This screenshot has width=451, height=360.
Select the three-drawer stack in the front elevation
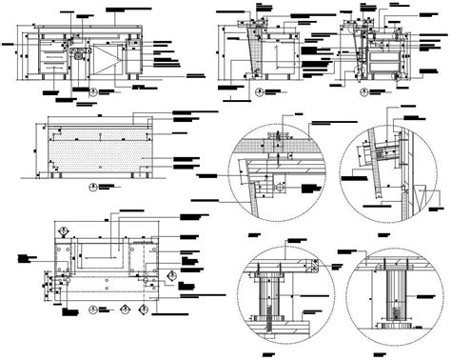click(55, 59)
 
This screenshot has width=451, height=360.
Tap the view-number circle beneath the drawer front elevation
click(93, 92)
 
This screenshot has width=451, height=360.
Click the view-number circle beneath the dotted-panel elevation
click(93, 189)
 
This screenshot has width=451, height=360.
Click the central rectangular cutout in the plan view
click(105, 253)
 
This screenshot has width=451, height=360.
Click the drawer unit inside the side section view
click(382, 59)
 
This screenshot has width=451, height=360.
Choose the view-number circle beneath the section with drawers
click(363, 92)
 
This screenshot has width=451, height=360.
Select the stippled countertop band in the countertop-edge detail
click(276, 148)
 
